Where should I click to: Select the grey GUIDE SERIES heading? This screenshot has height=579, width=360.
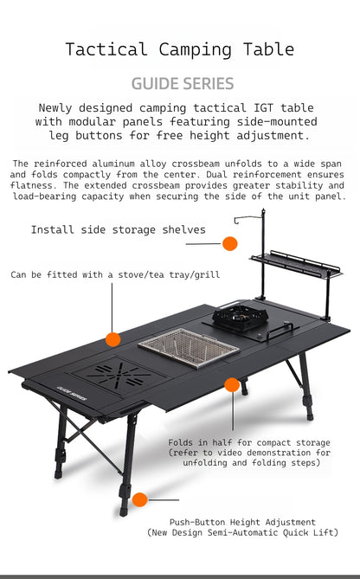tap(182, 84)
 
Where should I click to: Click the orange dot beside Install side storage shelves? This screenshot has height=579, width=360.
tap(229, 243)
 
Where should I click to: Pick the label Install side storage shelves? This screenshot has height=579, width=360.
tap(118, 230)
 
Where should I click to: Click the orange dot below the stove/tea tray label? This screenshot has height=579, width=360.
tap(112, 338)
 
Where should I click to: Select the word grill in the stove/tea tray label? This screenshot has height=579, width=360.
tap(207, 275)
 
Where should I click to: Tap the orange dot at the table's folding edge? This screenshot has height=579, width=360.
tap(232, 385)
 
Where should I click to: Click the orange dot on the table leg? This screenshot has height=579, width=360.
tap(139, 499)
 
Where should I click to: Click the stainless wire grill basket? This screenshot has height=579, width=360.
tap(188, 347)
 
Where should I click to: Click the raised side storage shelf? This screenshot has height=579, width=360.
tap(294, 265)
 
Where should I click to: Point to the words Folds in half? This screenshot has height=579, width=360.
tap(192, 441)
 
